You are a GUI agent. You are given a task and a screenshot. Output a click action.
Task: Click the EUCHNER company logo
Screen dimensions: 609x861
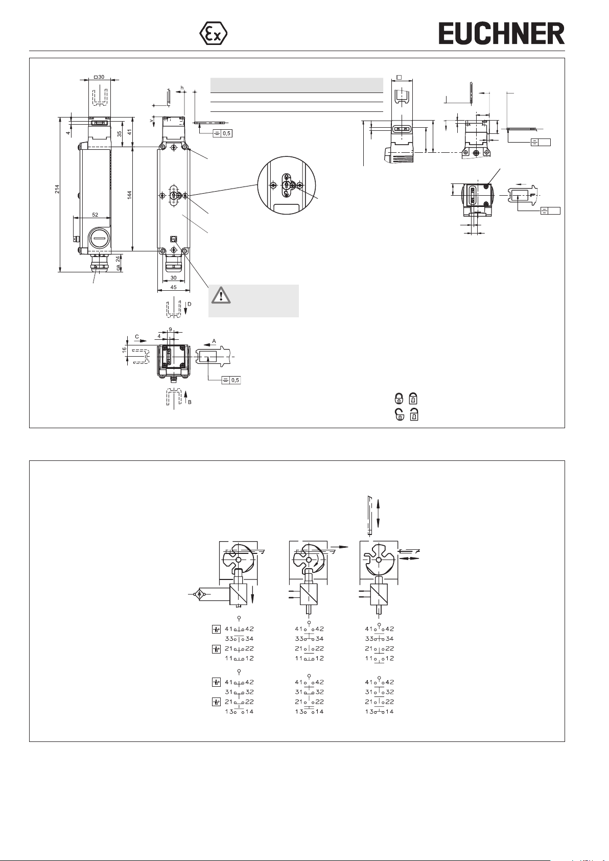click(501, 33)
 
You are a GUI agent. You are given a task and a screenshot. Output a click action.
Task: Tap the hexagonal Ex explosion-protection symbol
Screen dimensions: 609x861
click(213, 33)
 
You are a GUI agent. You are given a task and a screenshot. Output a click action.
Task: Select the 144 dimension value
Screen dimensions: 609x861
click(129, 195)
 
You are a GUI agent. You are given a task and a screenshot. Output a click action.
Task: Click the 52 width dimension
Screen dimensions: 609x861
click(95, 215)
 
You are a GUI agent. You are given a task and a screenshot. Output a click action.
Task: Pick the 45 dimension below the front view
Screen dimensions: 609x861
click(173, 287)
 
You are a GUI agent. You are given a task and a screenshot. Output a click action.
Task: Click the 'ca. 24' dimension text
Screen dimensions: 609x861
click(119, 262)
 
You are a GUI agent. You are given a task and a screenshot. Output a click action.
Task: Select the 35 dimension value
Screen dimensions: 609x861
click(119, 134)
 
